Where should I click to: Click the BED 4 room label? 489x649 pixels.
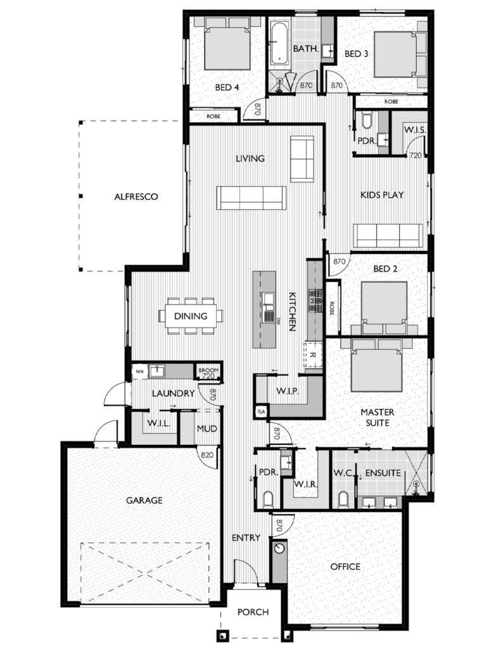(x=226, y=88)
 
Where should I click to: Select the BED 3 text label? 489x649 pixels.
(x=356, y=54)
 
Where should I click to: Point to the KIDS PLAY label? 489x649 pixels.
(x=382, y=195)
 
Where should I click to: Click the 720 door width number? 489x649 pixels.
(x=416, y=155)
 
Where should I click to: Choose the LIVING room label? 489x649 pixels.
(x=250, y=158)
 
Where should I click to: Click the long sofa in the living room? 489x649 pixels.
(x=250, y=198)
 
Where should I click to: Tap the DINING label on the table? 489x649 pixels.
(x=191, y=316)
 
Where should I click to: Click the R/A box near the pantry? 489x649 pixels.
(x=260, y=412)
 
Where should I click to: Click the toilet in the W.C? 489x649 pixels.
(x=343, y=499)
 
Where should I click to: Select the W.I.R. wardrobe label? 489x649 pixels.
(x=305, y=485)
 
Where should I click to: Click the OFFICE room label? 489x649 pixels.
(x=345, y=566)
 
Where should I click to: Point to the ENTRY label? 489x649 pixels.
(x=246, y=537)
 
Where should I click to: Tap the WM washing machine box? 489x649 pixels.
(x=139, y=371)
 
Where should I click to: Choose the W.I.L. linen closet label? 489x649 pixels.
(x=156, y=423)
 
